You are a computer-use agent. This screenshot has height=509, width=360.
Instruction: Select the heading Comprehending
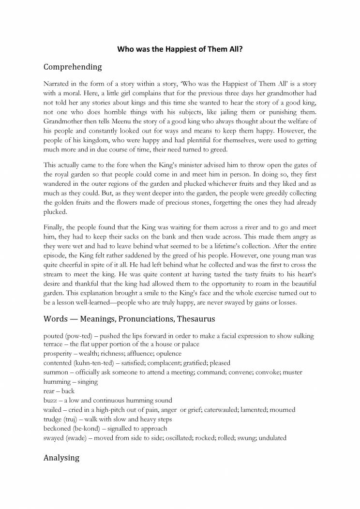coord(73,66)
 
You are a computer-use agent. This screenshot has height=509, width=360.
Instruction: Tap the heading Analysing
coord(61,457)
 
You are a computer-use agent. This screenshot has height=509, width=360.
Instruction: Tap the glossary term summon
coord(56,372)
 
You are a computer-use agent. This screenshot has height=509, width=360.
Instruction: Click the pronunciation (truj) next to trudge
coord(72,419)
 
